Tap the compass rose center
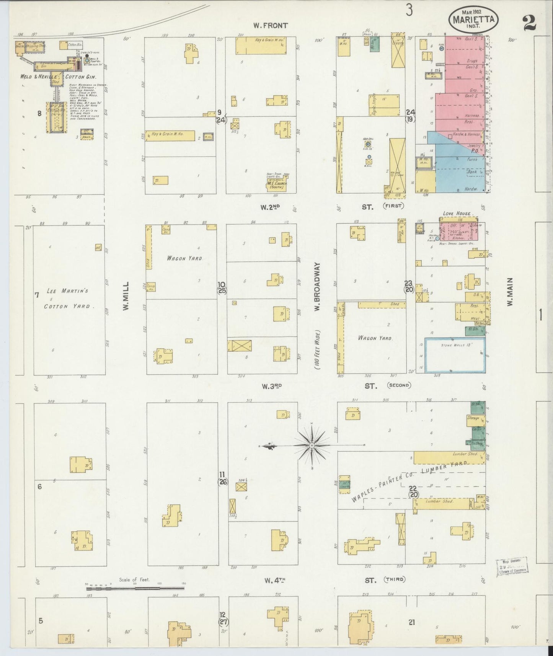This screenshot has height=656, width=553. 312,445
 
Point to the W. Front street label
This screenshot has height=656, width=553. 270,26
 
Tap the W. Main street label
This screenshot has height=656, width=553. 509,292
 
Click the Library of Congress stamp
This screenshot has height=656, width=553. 511,566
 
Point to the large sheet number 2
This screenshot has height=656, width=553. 529,24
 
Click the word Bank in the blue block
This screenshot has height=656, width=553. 471,172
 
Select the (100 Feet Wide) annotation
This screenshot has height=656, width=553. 317,351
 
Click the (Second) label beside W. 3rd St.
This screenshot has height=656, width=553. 398,385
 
